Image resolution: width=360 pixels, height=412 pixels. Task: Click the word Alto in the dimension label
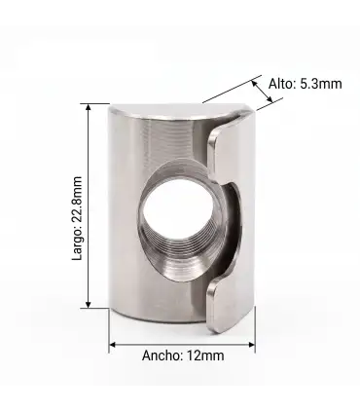coord(280,84)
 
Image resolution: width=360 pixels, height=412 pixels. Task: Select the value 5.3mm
coord(320,84)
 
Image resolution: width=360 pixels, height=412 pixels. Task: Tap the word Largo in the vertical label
coord(77,243)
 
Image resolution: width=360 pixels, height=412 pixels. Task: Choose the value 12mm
coord(205,356)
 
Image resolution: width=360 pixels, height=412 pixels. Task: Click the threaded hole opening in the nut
coord(178,208)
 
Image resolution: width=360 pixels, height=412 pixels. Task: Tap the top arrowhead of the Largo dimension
coord(89,108)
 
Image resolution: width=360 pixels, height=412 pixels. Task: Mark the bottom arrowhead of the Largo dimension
coord(89,303)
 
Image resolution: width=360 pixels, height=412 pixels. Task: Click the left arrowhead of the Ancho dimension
coord(113,345)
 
